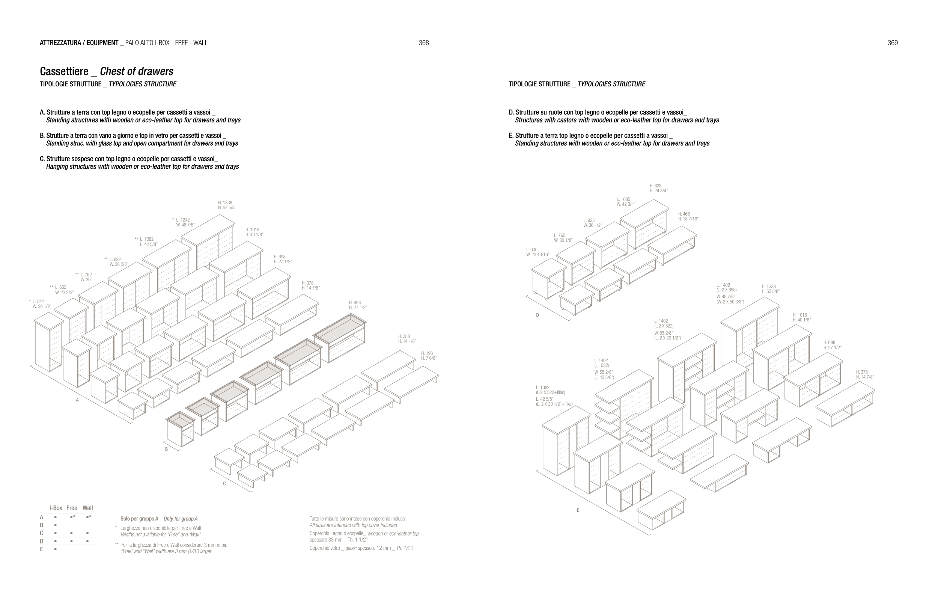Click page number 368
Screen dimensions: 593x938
click(423, 43)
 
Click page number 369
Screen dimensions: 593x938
click(893, 43)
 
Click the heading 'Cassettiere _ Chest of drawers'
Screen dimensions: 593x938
click(106, 71)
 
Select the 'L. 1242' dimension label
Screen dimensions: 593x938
click(183, 220)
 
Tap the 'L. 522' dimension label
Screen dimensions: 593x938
click(38, 302)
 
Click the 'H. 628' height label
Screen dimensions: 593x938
click(656, 186)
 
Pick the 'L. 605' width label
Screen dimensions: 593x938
click(532, 250)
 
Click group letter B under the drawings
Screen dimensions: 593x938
click(166, 449)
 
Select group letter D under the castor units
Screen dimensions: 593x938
click(538, 315)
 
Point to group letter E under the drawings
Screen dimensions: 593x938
click(578, 510)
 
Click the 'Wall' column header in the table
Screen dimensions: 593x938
click(88, 508)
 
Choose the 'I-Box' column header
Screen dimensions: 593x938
click(56, 508)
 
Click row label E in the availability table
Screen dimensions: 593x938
click(41, 549)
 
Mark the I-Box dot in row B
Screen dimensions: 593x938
click(56, 525)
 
